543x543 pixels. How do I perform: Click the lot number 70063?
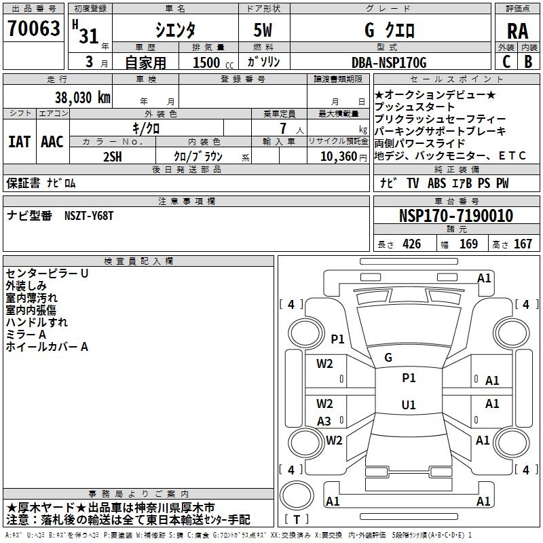(x=34, y=29)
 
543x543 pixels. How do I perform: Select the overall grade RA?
(x=518, y=31)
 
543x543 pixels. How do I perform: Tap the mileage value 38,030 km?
(x=83, y=98)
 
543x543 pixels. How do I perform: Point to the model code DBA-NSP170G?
(x=389, y=62)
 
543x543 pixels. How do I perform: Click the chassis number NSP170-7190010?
(x=456, y=216)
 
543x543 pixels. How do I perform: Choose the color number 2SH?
(x=113, y=157)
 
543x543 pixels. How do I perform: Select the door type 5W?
(x=263, y=30)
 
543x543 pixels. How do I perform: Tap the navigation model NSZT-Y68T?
(x=89, y=216)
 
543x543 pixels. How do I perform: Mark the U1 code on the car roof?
(x=409, y=405)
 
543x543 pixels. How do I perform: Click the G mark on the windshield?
(x=388, y=358)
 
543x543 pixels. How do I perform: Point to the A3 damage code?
(x=324, y=422)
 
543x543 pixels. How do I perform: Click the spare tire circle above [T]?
(x=297, y=495)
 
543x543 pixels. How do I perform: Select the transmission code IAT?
(x=20, y=142)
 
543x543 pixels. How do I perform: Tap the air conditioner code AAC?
(x=52, y=142)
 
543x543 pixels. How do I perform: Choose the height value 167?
(x=523, y=244)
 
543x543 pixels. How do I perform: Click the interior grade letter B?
(x=529, y=62)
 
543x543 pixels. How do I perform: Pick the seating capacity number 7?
(x=284, y=128)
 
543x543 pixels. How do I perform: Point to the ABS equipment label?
(x=436, y=183)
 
